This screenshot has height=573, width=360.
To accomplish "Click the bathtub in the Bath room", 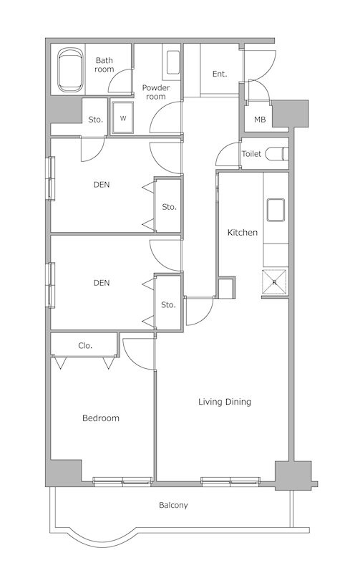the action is click(x=69, y=69).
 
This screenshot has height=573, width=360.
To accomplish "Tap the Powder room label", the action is click(x=156, y=92).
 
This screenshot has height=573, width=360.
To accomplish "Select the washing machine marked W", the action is click(x=123, y=118).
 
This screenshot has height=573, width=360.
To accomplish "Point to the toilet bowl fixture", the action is click(x=277, y=154).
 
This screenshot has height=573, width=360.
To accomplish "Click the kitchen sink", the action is click(x=276, y=210).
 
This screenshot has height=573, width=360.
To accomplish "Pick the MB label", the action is click(x=260, y=120).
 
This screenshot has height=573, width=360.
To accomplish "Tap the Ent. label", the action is click(x=220, y=74).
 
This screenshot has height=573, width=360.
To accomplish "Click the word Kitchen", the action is click(x=243, y=232).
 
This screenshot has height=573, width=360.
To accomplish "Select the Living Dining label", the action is click(x=225, y=402).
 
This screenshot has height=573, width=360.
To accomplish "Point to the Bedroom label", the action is click(x=101, y=418).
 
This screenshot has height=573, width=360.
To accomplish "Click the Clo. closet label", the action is click(x=85, y=346).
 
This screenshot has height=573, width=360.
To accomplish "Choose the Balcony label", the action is click(x=173, y=506).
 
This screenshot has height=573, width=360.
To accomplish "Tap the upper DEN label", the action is click(x=102, y=185).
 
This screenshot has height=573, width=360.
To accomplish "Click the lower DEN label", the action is click(x=102, y=282).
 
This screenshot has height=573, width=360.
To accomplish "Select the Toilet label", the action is click(x=251, y=154).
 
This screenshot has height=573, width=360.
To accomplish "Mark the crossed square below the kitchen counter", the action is click(x=274, y=281).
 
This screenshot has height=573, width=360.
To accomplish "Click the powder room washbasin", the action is click(x=173, y=62).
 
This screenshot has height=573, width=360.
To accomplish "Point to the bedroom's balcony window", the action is click(x=122, y=481).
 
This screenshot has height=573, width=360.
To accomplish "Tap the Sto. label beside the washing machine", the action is click(x=96, y=120).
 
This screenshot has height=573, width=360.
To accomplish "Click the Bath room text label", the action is click(x=104, y=64).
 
